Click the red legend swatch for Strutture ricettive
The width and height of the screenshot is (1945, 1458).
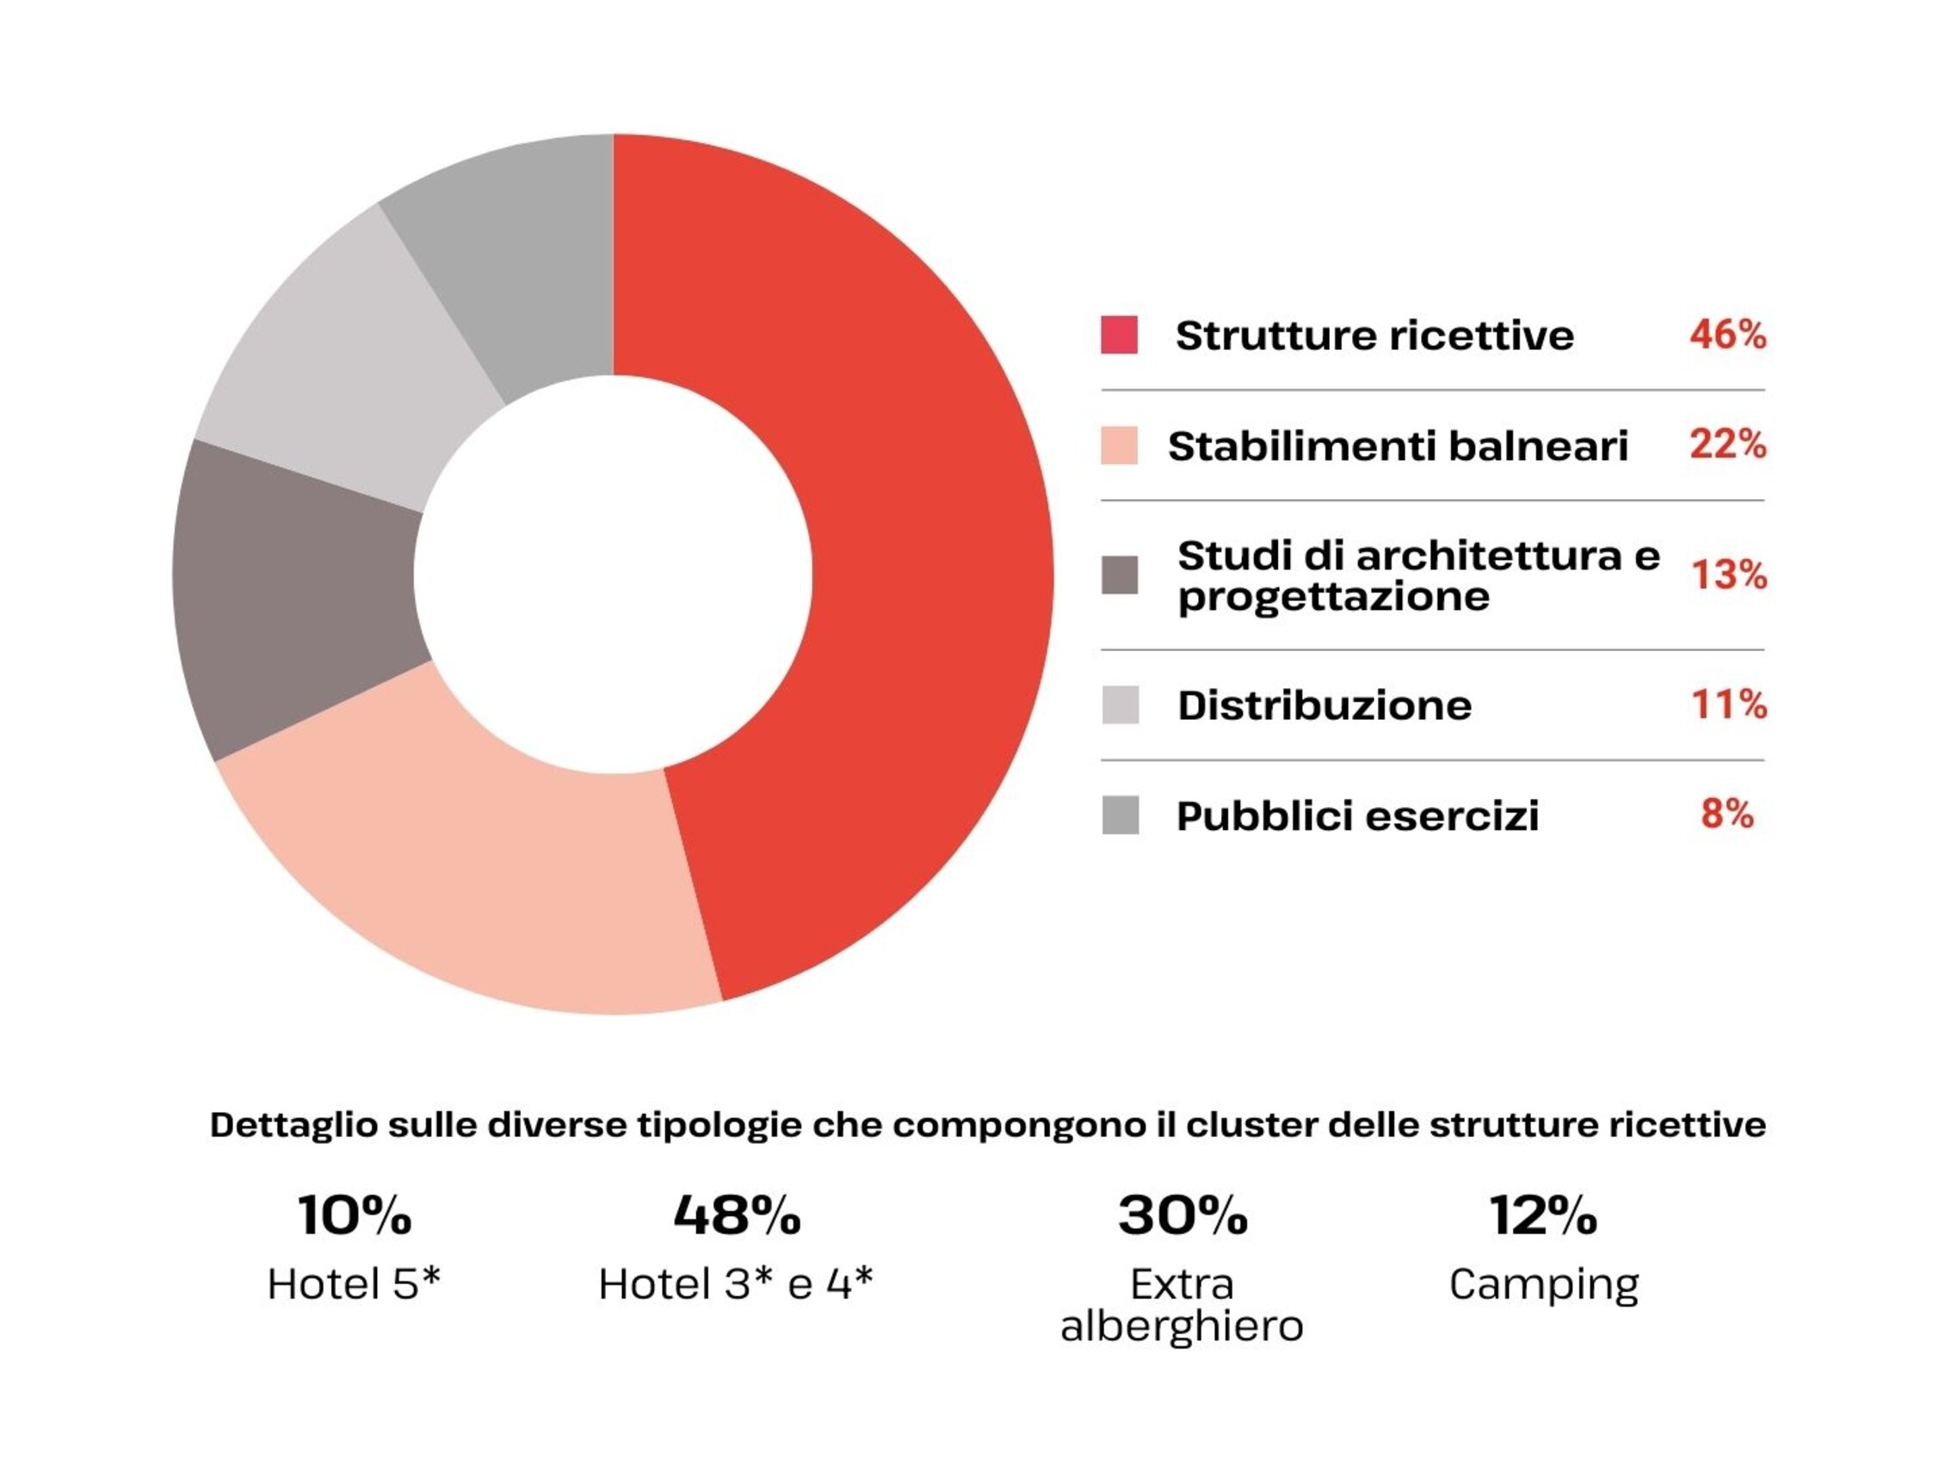[x=1120, y=335]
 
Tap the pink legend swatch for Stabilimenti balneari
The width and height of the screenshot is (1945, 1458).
[x=1120, y=446]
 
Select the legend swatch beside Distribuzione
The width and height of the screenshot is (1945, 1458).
[x=1121, y=704]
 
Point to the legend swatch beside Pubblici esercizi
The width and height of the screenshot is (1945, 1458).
[x=1121, y=815]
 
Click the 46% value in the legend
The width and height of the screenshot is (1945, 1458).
[x=1727, y=335]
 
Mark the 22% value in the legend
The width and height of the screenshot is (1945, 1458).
[x=1727, y=445]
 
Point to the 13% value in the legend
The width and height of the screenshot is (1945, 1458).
[x=1729, y=575]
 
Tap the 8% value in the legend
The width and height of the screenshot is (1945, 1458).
[x=1727, y=814]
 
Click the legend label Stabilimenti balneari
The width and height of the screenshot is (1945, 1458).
[x=1399, y=446]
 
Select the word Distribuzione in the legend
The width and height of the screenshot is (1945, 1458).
[x=1324, y=705]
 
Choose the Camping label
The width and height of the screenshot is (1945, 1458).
[x=1544, y=1285]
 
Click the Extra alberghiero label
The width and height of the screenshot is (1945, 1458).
[x=1182, y=1305]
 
